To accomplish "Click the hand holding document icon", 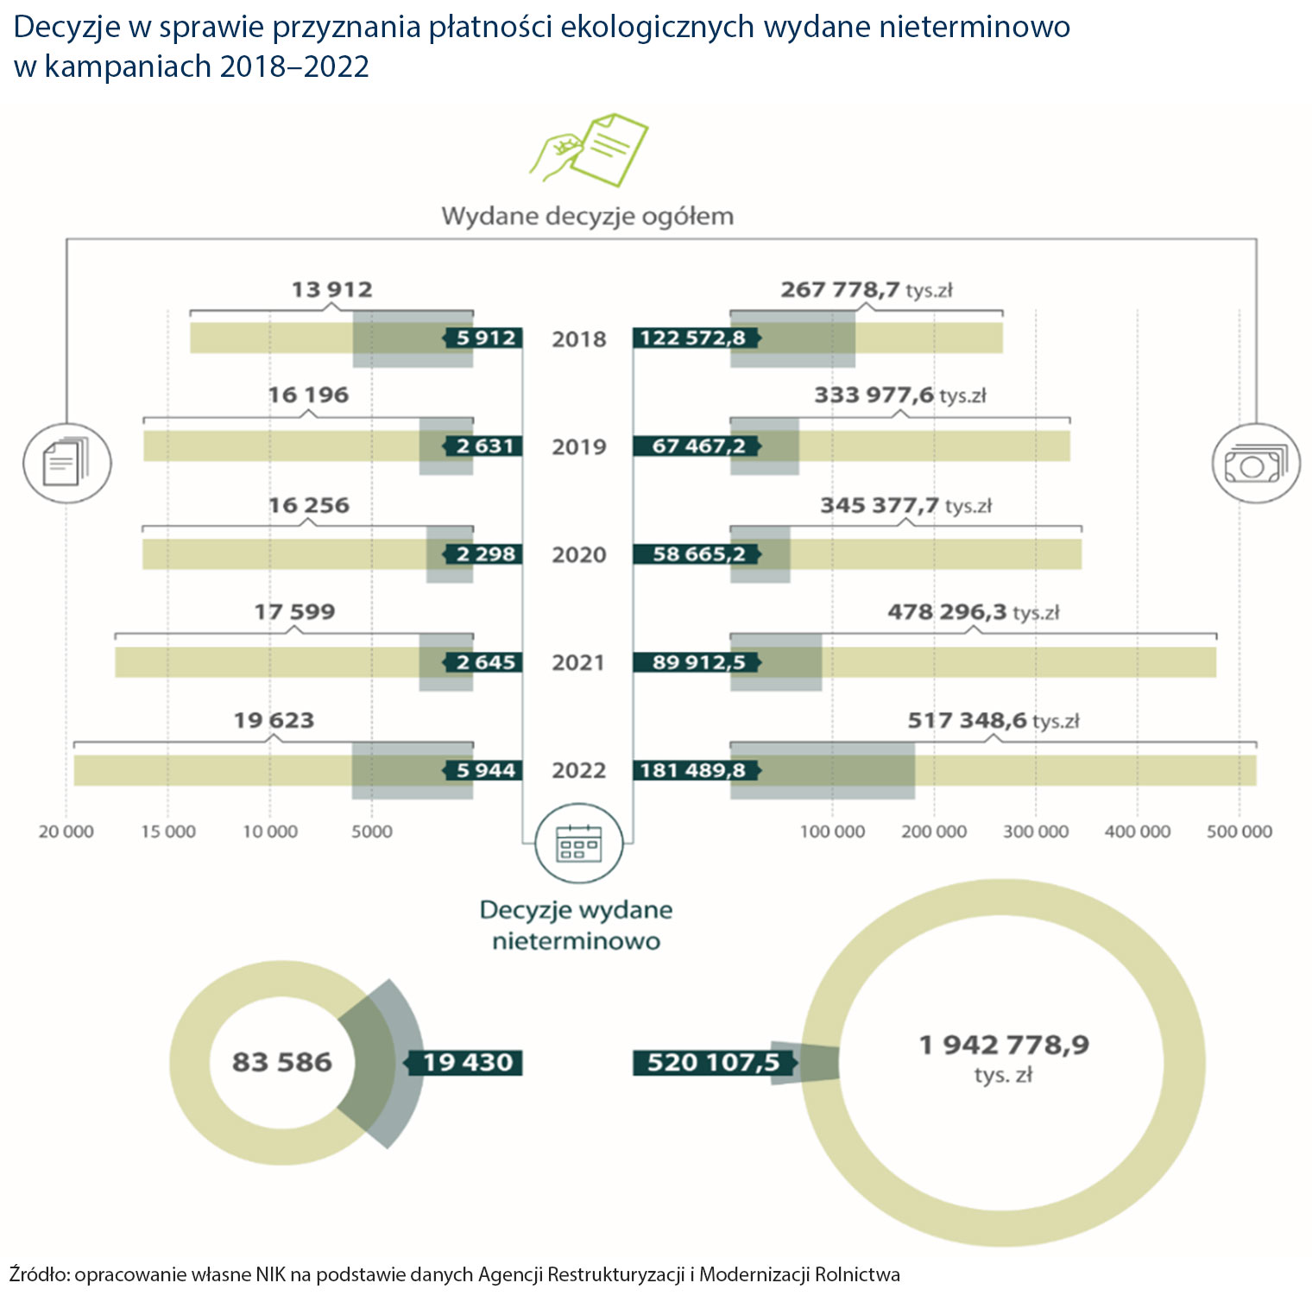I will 589,149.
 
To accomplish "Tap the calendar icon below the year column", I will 578,841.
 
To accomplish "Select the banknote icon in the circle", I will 1256,465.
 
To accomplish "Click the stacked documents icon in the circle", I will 66,463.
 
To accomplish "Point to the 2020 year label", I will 579,554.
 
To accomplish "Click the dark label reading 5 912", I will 484,338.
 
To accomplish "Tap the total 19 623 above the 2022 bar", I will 274,720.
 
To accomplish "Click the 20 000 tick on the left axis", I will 66,831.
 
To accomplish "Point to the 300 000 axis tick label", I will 1035,831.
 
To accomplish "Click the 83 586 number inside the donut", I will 282,1062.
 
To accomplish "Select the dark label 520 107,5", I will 713,1062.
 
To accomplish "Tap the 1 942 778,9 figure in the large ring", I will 1004,1046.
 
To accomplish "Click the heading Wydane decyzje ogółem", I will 588,216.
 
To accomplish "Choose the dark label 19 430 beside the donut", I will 467,1062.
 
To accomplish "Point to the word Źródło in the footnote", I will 38,1274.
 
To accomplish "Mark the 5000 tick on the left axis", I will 372,831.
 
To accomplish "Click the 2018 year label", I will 579,338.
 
